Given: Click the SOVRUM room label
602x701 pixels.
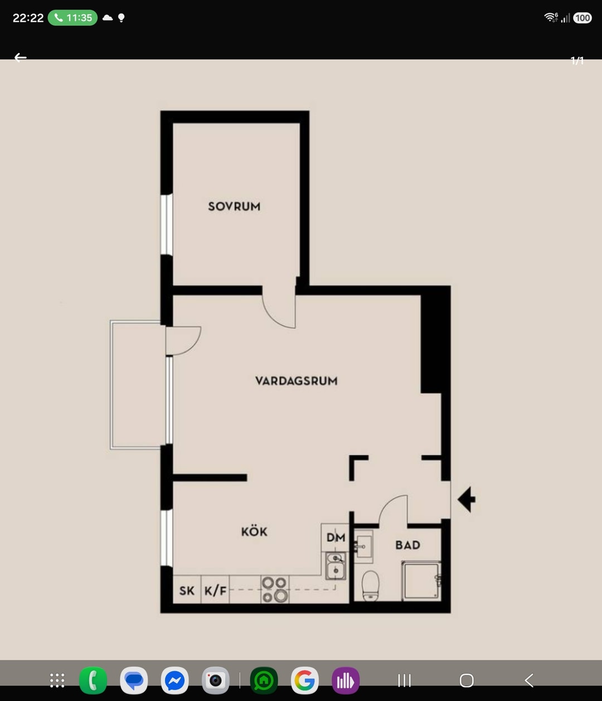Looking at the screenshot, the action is (x=234, y=206).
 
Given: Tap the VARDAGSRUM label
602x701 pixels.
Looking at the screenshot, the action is (x=296, y=381).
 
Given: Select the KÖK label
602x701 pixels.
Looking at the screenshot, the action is (x=254, y=531).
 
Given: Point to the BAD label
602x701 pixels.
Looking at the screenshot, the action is (x=408, y=545).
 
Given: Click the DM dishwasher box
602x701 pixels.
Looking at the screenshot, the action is (x=335, y=538).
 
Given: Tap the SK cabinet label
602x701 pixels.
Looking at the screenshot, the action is (x=187, y=591).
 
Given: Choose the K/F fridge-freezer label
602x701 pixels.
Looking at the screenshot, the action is (x=215, y=591).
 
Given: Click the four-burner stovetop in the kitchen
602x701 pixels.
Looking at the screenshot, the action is (x=275, y=589).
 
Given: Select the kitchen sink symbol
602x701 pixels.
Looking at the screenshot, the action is (x=336, y=565).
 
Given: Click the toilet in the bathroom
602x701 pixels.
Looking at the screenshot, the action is (x=370, y=586).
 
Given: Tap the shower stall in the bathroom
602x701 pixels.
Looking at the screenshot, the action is (x=421, y=581).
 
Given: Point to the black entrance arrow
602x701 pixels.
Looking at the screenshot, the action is (x=467, y=499).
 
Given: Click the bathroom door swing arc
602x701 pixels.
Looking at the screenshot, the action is (x=386, y=502).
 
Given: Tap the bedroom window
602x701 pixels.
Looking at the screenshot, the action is (x=167, y=225).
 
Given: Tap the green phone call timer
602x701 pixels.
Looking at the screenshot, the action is (x=72, y=18).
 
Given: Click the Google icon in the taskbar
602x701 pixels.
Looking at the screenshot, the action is (x=304, y=680).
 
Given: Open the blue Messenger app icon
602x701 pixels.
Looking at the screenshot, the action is (x=174, y=680).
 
